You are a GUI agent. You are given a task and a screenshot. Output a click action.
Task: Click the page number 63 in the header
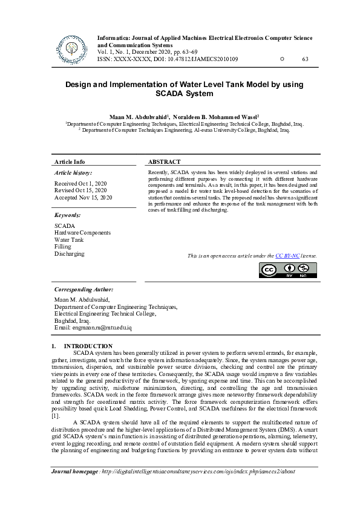(x=305, y=59)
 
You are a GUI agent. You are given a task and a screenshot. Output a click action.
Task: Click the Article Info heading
(x=70, y=162)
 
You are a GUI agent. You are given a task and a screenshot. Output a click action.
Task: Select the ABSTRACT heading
(x=164, y=162)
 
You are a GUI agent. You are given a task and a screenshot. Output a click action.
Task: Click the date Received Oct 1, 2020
(x=80, y=183)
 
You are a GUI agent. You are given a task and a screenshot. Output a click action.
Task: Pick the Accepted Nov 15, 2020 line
(x=83, y=197)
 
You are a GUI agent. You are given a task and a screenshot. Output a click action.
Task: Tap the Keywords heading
(x=67, y=215)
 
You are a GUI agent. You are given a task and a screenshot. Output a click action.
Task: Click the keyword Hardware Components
(x=82, y=233)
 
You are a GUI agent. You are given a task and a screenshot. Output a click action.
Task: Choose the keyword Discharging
(x=70, y=254)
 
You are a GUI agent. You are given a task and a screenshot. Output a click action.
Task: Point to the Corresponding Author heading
(x=83, y=290)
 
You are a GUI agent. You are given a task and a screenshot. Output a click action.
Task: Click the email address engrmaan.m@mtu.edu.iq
(x=93, y=327)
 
